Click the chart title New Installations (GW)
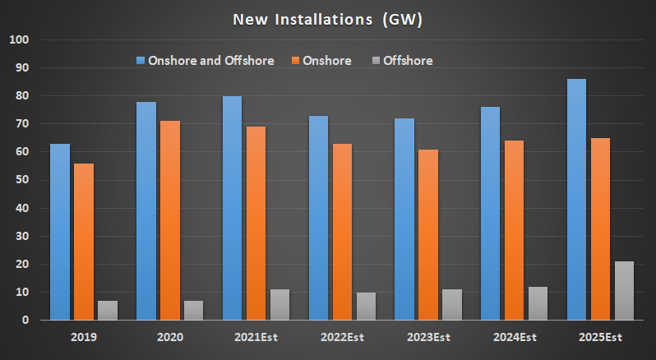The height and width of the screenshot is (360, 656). pos(327,20)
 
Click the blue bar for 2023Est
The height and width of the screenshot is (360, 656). pos(404,219)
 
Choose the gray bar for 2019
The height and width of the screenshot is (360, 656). pos(108,310)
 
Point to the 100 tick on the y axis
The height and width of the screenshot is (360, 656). pos(19,39)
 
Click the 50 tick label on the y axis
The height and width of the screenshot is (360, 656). pos(21,180)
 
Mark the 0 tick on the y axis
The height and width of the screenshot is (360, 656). pos(25,320)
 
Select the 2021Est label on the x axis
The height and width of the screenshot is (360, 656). pos(256,337)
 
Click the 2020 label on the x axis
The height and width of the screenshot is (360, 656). pos(170,337)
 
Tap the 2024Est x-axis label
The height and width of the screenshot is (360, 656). pos(515,337)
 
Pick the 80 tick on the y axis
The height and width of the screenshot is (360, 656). pos(21,95)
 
